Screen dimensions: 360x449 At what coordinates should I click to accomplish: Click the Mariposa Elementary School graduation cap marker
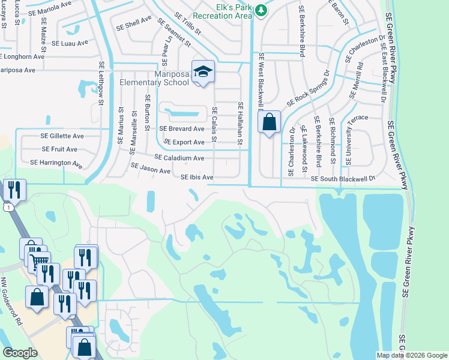(x=203, y=72)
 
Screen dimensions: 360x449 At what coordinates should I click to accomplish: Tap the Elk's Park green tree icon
(x=261, y=10)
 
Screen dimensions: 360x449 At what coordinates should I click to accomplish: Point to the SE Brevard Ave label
(x=182, y=129)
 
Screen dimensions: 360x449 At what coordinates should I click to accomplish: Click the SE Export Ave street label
(x=184, y=143)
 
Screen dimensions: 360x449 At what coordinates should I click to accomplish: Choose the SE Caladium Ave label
(x=179, y=158)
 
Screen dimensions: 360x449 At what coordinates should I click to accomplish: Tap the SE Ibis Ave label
(x=197, y=178)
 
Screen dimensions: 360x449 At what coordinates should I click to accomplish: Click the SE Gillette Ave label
(x=62, y=136)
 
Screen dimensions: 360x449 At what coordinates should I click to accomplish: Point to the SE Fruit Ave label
(x=59, y=149)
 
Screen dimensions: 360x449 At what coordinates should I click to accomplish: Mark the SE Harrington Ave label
(x=56, y=163)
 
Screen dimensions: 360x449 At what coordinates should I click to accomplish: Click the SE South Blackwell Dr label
(x=343, y=179)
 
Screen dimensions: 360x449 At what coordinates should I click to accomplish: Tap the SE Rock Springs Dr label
(x=309, y=88)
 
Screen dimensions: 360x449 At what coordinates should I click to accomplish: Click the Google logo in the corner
(x=20, y=353)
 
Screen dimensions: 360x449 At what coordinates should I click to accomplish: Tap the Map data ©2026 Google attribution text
(x=412, y=355)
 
